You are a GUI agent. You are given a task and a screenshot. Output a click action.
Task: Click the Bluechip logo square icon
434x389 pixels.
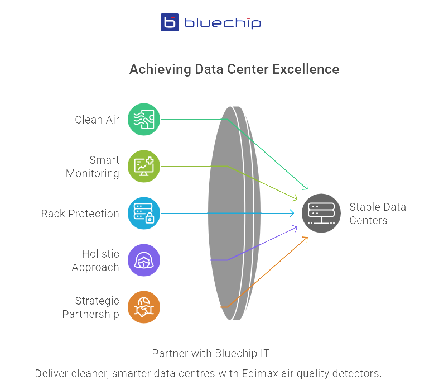click(x=170, y=22)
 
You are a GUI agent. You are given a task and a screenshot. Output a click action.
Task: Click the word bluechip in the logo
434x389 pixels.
click(x=222, y=23)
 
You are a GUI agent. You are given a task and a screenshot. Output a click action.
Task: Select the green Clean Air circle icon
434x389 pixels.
click(x=143, y=119)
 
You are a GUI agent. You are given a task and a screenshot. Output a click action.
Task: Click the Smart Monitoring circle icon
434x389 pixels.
click(x=143, y=166)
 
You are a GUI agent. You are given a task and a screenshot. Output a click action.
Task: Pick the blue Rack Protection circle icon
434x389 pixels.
click(x=143, y=213)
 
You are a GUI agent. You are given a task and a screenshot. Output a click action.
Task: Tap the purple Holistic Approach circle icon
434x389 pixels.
click(x=143, y=260)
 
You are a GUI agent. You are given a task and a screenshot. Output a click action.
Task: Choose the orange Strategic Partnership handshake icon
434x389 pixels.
click(x=143, y=307)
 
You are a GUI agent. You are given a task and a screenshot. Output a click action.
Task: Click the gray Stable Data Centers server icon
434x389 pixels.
click(x=321, y=213)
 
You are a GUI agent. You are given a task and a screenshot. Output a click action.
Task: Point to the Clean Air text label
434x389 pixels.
click(x=97, y=120)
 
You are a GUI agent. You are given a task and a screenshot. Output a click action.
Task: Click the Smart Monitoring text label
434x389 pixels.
click(x=93, y=167)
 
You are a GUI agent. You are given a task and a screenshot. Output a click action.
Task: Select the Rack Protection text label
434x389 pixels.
click(x=80, y=214)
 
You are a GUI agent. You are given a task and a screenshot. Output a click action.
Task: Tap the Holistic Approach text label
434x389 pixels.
click(x=95, y=260)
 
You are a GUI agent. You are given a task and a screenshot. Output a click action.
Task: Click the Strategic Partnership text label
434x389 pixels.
click(x=90, y=307)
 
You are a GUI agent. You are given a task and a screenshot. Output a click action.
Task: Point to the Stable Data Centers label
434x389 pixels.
click(x=377, y=214)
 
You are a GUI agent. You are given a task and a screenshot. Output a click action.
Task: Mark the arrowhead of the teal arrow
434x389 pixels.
click(x=305, y=187)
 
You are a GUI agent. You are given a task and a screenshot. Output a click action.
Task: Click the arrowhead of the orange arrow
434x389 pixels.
click(x=306, y=239)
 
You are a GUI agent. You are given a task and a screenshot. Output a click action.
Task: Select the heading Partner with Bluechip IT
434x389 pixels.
click(x=211, y=353)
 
